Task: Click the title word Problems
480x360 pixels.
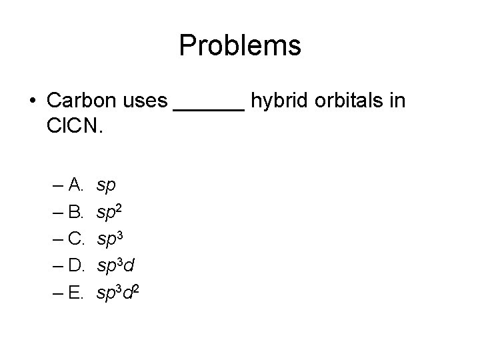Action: pyautogui.click(x=240, y=46)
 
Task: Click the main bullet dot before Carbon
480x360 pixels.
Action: pyautogui.click(x=33, y=101)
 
